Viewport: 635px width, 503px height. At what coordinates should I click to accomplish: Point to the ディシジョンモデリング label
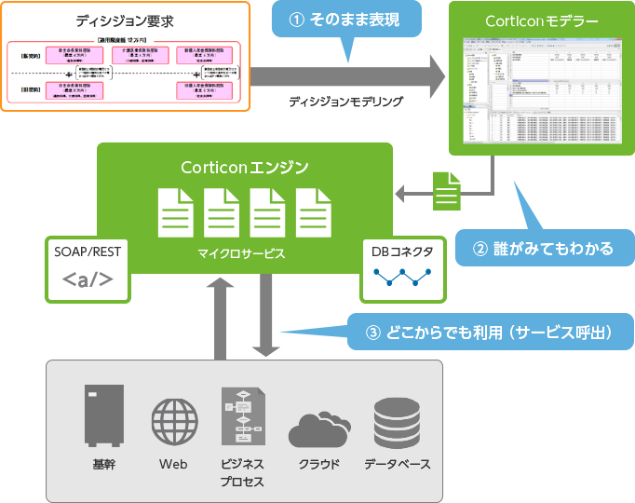[345, 102]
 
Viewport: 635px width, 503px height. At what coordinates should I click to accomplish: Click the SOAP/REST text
[88, 251]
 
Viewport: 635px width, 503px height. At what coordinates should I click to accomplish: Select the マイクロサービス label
[241, 252]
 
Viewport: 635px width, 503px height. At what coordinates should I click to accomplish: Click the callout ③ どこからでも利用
[487, 333]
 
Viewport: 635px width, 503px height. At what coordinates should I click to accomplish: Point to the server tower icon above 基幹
[103, 415]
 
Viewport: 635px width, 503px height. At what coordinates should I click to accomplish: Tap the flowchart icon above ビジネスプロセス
[241, 416]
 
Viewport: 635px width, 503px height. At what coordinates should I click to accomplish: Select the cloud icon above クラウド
[318, 429]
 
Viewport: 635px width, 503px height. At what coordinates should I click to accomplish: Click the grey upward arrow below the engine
[222, 317]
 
